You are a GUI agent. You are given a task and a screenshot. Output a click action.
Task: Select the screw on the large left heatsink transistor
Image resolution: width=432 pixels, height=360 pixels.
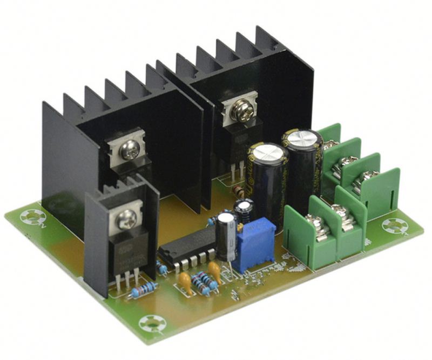point(130,151)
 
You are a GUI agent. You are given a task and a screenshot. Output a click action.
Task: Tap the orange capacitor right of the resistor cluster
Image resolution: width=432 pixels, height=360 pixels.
point(214,269)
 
